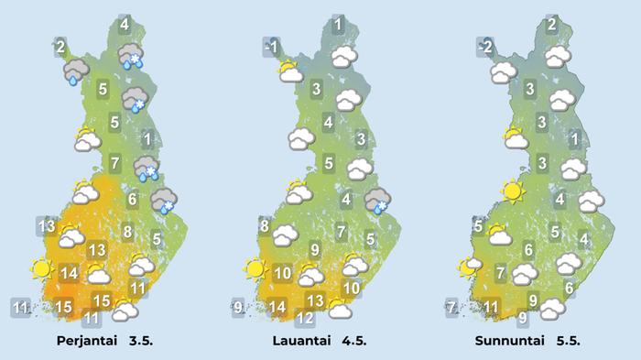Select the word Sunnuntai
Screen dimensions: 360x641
tap(510, 342)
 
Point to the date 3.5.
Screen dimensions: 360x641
tap(146, 342)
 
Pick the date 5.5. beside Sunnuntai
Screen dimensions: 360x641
tap(570, 342)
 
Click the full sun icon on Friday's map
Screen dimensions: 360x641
tap(40, 269)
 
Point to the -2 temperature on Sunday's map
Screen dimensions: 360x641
tap(486, 46)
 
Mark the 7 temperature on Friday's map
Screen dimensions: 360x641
tap(114, 165)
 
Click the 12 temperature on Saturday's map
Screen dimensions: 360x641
tap(305, 319)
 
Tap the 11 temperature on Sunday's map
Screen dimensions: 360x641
tap(492, 307)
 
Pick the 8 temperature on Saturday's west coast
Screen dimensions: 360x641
tap(264, 226)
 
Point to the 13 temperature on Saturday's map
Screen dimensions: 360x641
tap(314, 301)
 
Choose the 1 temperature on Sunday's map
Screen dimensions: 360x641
tap(574, 140)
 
